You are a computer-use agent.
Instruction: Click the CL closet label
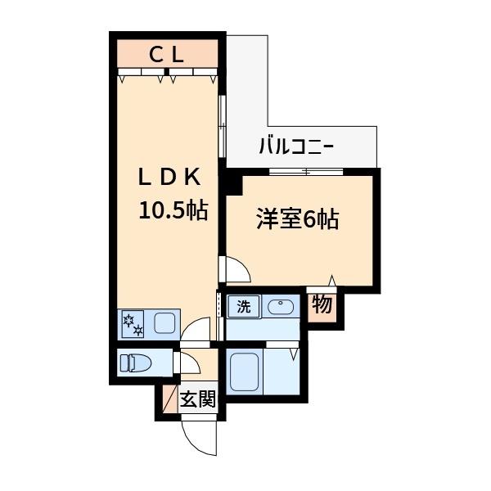167,55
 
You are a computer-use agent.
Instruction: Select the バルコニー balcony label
296,148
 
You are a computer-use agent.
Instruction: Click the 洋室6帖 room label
297,219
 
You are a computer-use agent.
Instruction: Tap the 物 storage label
322,306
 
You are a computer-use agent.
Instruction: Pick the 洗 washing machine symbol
243,308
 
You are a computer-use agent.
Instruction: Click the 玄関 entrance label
198,400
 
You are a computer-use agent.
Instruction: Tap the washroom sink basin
281,308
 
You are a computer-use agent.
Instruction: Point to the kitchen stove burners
133,324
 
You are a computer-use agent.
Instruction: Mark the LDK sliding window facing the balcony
222,124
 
